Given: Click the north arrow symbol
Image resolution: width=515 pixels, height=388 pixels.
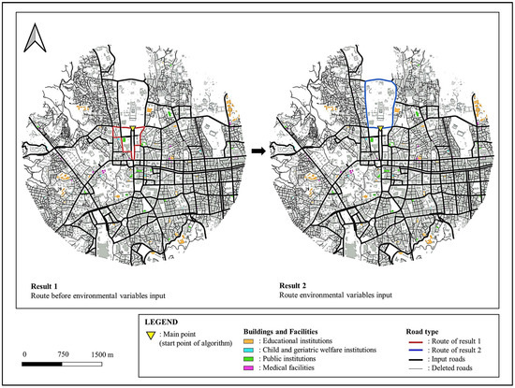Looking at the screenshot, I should click(34, 39).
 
